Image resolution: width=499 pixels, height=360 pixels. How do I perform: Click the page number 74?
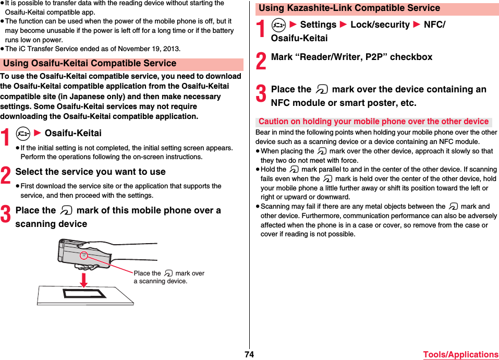(249, 355)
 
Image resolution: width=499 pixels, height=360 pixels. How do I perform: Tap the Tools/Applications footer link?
(460, 355)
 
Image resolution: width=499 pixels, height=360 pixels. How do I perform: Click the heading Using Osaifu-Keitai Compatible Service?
(90, 64)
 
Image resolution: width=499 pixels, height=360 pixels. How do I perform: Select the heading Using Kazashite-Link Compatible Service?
(349, 8)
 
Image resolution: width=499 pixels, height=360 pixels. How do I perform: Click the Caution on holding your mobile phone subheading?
(373, 122)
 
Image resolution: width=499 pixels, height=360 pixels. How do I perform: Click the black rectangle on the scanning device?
(84, 293)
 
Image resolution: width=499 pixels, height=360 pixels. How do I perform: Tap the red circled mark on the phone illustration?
(83, 255)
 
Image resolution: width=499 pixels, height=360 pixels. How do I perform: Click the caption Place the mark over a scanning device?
(168, 277)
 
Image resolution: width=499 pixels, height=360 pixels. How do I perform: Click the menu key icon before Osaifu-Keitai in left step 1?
(22, 134)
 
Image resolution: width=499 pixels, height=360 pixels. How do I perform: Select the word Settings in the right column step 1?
(318, 25)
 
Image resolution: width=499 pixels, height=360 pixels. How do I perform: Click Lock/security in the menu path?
(380, 25)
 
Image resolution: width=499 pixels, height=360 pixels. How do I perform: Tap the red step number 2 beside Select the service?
(6, 175)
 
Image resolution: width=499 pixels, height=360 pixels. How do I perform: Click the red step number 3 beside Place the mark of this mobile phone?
(6, 214)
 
